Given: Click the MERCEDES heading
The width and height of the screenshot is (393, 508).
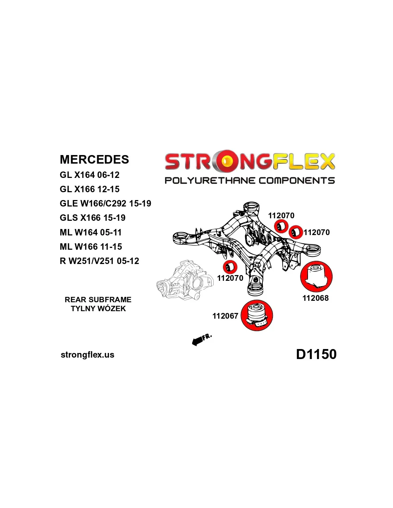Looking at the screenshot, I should coord(94,159).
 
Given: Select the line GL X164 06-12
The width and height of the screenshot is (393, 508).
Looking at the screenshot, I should coord(89,175).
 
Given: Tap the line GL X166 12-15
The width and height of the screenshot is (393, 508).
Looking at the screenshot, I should coord(89,189).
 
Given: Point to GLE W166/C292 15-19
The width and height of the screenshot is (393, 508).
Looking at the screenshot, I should coord(105,204).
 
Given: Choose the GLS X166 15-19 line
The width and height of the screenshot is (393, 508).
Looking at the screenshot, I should coord(93,218).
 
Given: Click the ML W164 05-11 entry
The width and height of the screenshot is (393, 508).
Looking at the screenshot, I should coord(91,233).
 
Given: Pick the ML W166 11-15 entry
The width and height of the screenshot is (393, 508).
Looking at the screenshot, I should coord(91,247).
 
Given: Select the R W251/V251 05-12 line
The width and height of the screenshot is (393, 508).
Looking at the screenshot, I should coord(99,261).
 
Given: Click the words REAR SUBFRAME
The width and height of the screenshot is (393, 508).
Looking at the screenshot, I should coord(98,300).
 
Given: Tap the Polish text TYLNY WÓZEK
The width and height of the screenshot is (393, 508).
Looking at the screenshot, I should coord(98,309).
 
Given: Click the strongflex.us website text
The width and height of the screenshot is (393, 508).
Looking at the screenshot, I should coord(88,355).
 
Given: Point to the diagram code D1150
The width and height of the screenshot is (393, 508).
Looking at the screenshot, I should coord(316,354).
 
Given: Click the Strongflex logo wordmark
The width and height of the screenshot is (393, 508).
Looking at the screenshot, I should coord(250,161).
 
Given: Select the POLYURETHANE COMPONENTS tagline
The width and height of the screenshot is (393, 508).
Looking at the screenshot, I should coord(250,181).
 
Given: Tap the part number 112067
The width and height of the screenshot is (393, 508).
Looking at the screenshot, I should coord(225,316).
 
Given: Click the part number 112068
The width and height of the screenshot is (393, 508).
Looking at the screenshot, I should coord(315,298).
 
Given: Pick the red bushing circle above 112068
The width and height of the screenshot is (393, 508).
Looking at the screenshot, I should coord(316,277).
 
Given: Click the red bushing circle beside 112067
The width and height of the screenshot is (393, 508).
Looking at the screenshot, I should coord(257,315).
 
